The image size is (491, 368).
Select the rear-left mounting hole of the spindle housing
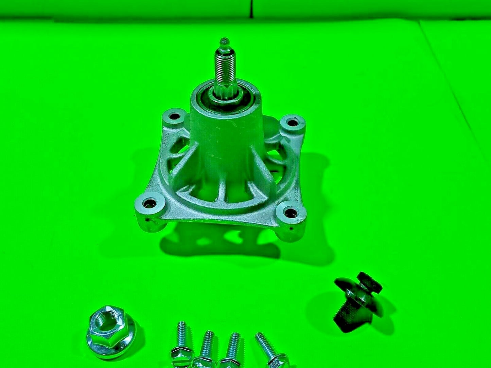[x=175, y=117]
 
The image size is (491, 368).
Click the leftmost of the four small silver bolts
[x=180, y=343]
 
